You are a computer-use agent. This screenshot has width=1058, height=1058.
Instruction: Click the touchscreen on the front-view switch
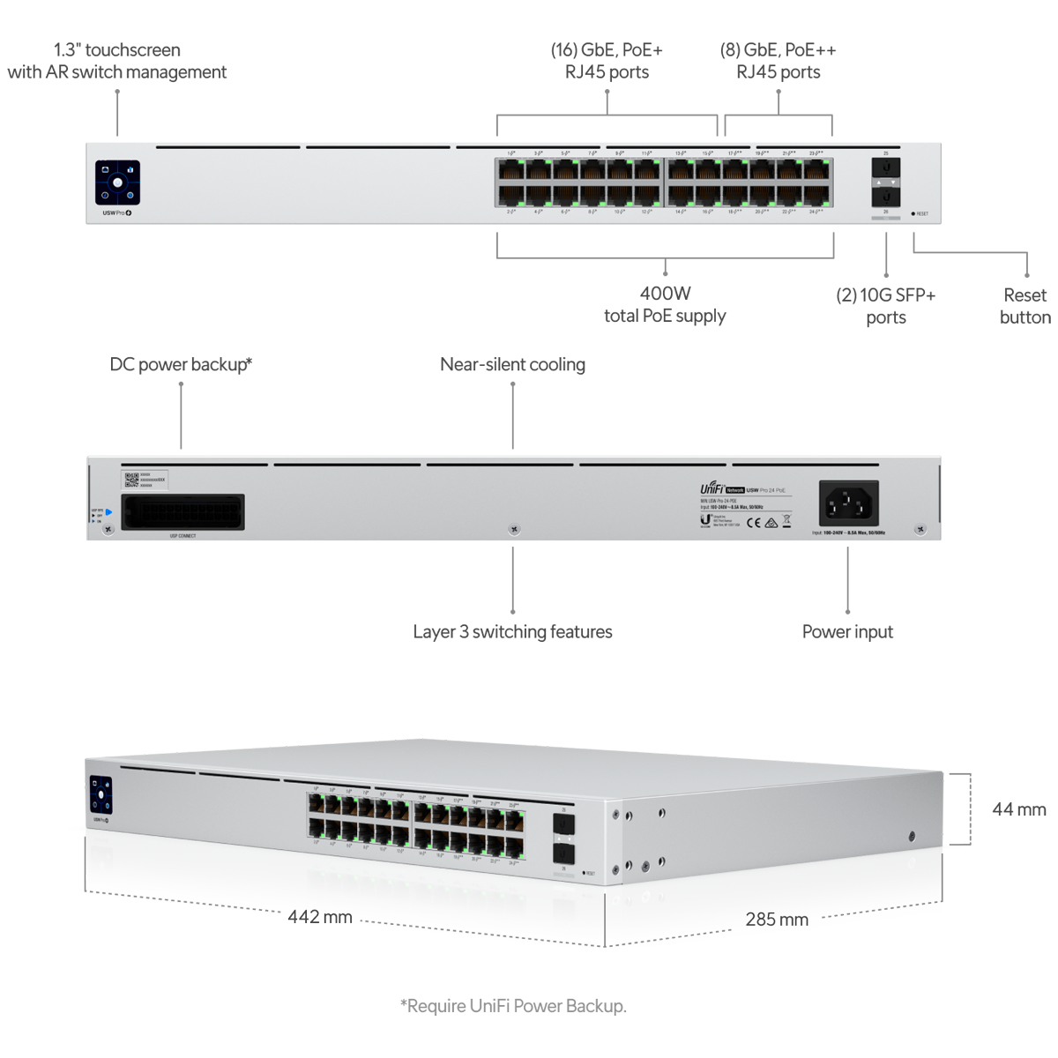(x=117, y=183)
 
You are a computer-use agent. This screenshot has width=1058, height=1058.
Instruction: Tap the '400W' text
(x=665, y=294)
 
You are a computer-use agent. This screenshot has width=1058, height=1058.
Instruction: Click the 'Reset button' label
(x=1024, y=306)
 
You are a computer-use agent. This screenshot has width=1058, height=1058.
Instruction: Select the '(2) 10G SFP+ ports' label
(x=885, y=306)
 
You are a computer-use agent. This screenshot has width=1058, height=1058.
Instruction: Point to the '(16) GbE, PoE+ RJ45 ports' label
(x=607, y=61)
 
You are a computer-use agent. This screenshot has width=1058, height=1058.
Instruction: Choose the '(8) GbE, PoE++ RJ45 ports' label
(x=778, y=61)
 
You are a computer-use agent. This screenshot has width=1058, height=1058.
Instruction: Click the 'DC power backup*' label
(x=181, y=364)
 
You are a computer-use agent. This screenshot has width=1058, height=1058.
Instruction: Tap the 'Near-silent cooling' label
(x=512, y=364)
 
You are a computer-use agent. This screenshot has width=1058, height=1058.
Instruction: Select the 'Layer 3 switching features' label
(x=512, y=631)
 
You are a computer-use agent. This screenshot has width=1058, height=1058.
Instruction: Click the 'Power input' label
(x=847, y=631)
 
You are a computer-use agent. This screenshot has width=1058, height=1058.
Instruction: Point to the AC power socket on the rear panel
(x=848, y=504)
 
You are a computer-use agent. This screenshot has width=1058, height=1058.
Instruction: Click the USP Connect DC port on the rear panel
(x=183, y=511)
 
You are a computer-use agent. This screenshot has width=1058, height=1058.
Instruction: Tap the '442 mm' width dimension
(x=320, y=917)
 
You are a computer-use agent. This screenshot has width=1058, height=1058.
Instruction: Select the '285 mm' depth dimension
(x=777, y=920)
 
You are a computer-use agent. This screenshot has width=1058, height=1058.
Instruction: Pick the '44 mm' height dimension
(x=1019, y=809)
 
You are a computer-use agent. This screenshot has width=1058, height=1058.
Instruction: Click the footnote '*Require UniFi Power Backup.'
(x=513, y=1006)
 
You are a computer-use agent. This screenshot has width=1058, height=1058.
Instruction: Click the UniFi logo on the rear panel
(x=712, y=488)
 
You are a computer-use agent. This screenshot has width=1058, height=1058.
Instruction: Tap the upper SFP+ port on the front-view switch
(x=885, y=168)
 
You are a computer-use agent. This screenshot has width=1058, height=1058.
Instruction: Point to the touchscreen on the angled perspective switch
(x=101, y=794)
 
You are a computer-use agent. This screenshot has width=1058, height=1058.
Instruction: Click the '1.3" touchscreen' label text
(x=117, y=50)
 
